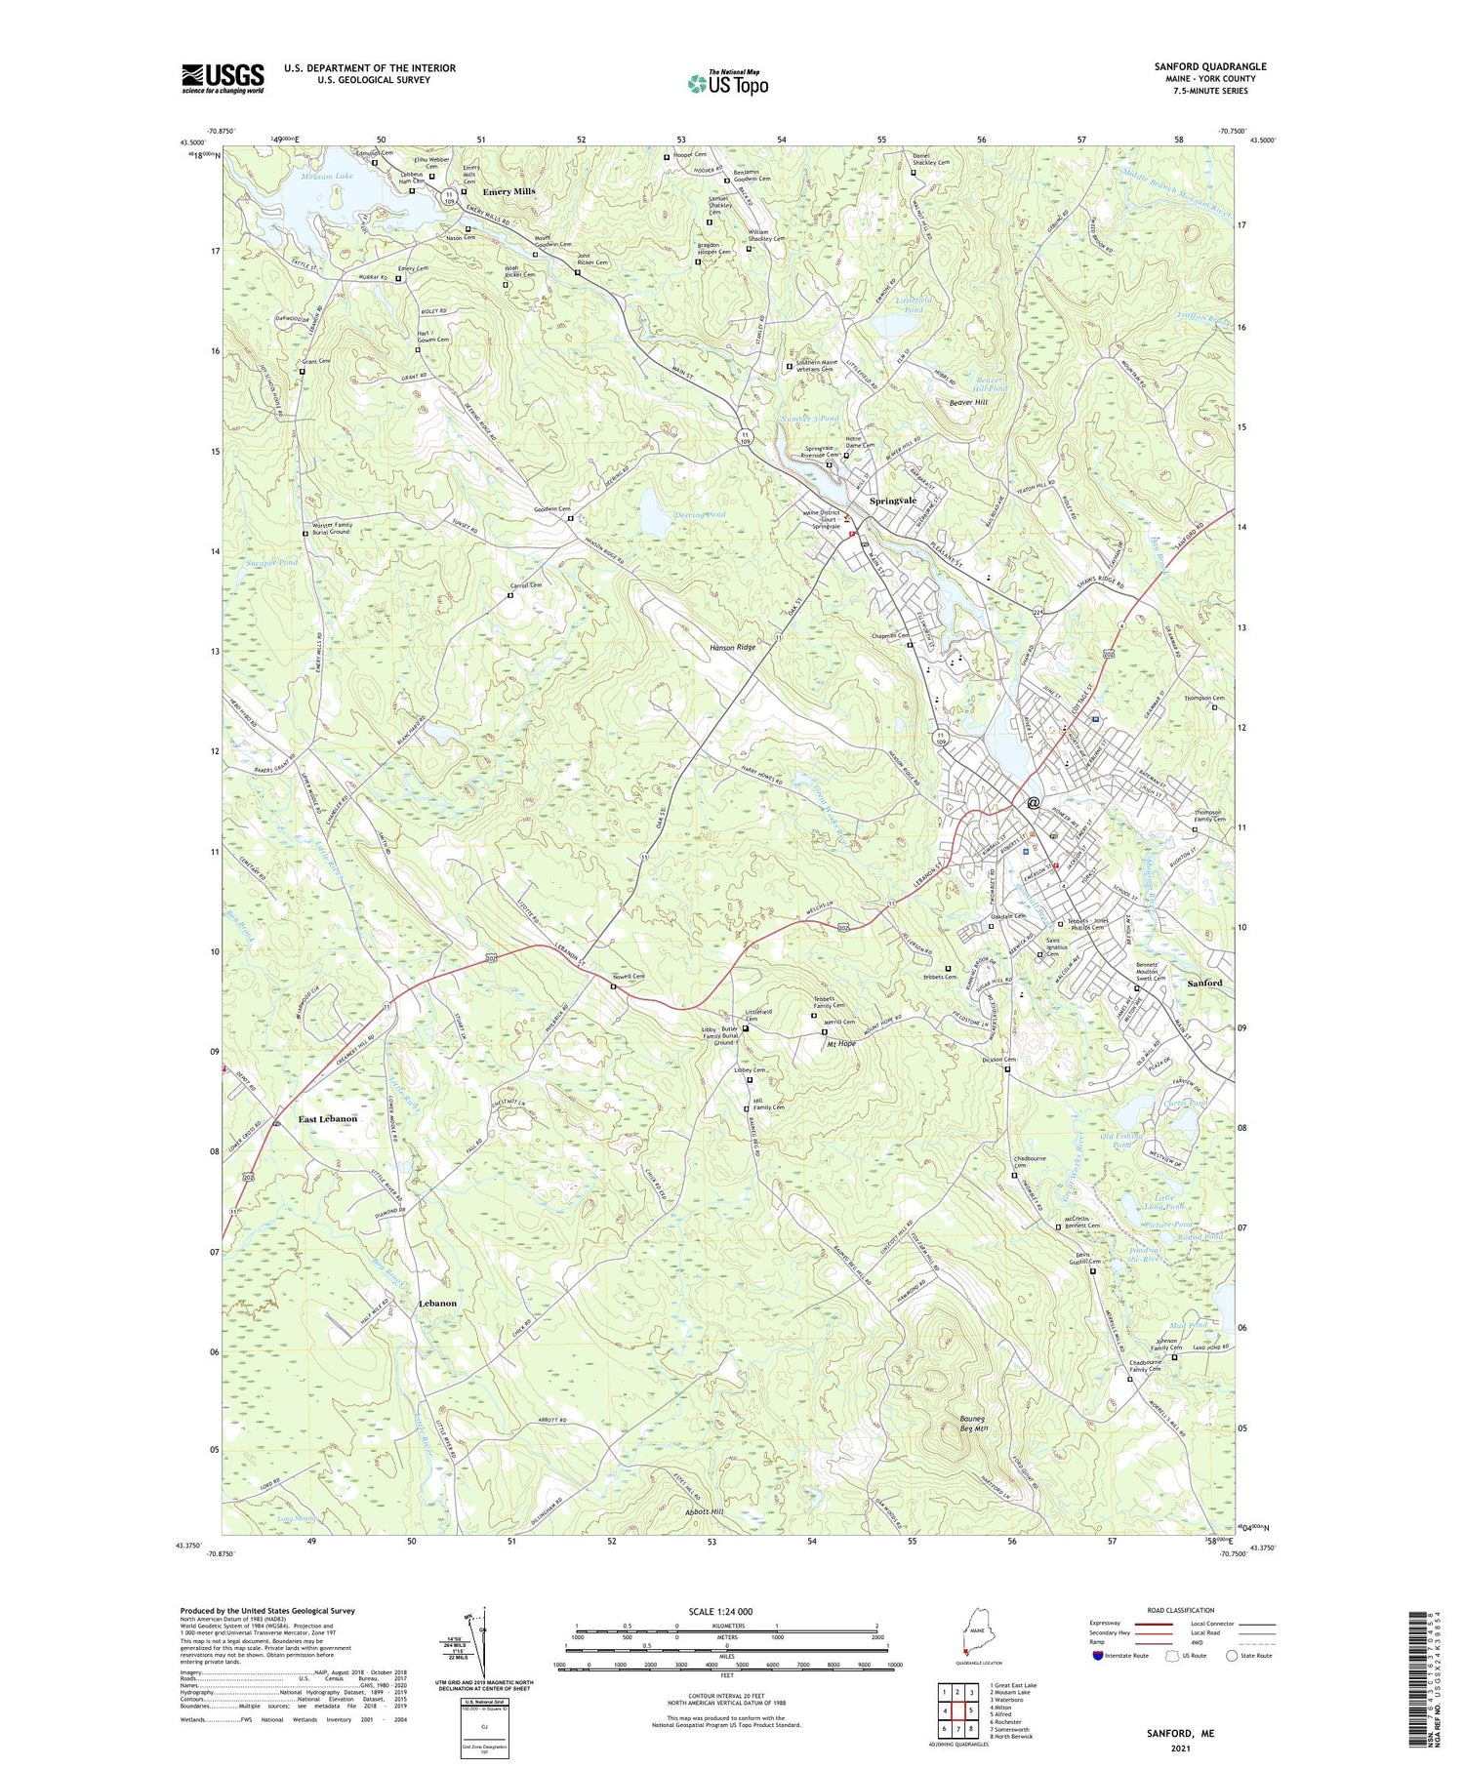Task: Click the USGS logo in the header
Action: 223,78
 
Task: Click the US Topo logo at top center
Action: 727,83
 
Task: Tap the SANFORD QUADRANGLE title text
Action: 1209,66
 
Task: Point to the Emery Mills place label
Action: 508,191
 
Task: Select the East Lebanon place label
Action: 327,1119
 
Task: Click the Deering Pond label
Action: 700,514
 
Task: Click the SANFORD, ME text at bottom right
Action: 1180,1734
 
